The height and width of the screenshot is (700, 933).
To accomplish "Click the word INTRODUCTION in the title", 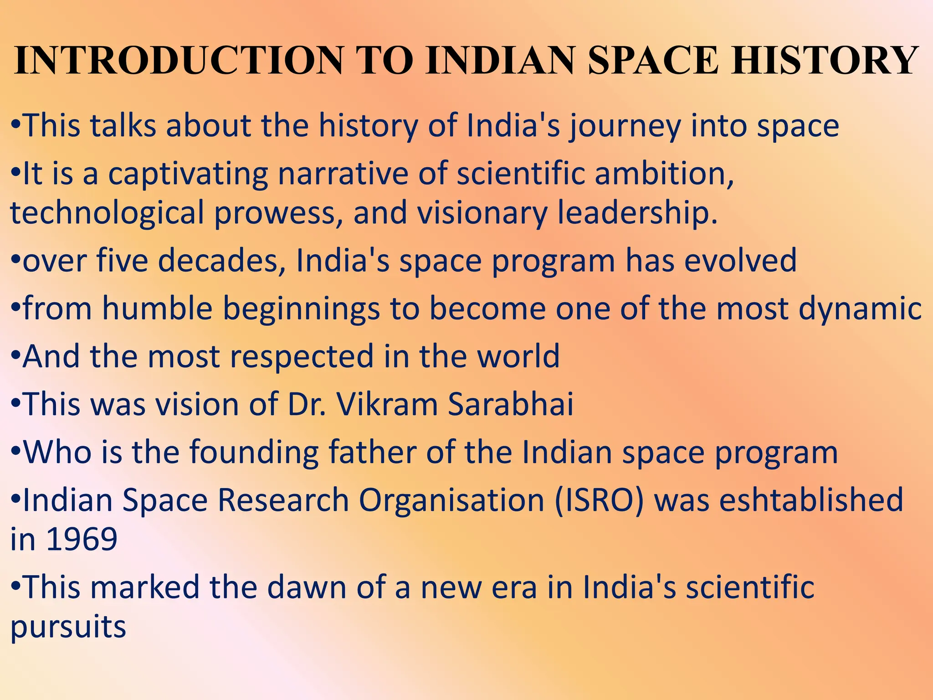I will pyautogui.click(x=179, y=60).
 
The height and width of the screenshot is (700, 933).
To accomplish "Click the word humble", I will pyautogui.click(x=157, y=309).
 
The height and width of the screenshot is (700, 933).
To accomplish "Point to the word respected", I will pyautogui.click(x=302, y=357).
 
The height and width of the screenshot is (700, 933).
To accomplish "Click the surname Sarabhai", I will pyautogui.click(x=511, y=404).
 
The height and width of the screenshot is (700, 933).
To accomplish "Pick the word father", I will pyautogui.click(x=372, y=453).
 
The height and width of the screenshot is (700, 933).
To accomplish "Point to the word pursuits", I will pyautogui.click(x=68, y=628).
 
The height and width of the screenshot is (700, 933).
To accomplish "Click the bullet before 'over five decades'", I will pyautogui.click(x=15, y=262).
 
